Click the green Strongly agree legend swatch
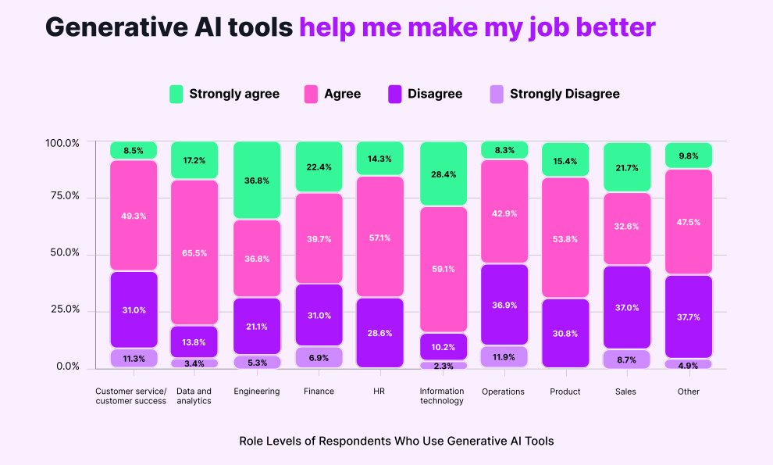(x=176, y=94)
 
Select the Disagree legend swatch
(x=394, y=94)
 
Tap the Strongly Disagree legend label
(x=564, y=94)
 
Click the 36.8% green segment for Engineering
(x=256, y=181)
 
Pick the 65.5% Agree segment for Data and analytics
(x=194, y=252)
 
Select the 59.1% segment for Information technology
(x=443, y=269)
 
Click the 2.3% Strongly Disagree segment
(x=443, y=365)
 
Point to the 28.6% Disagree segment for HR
(x=380, y=332)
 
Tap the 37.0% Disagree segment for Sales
(x=627, y=307)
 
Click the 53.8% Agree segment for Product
(x=565, y=238)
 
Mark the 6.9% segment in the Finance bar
(x=318, y=357)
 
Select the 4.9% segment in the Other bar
(x=688, y=364)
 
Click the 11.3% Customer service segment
(x=134, y=359)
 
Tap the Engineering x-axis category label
(x=256, y=392)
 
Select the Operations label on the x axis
(x=504, y=392)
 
